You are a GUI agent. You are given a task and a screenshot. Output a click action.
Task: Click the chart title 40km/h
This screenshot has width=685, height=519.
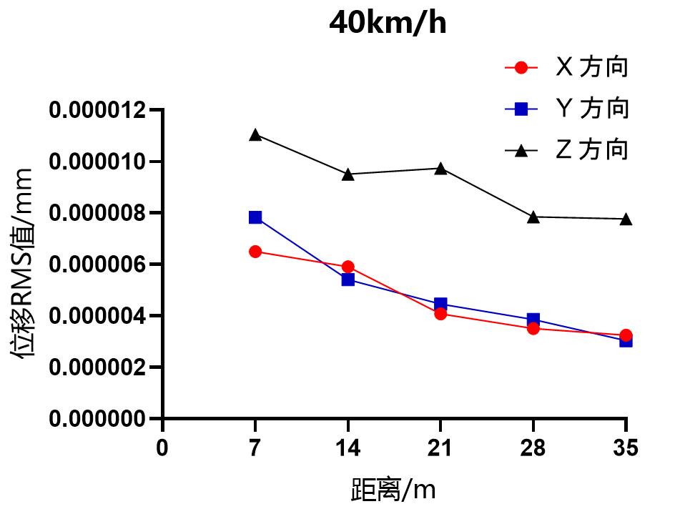(388, 24)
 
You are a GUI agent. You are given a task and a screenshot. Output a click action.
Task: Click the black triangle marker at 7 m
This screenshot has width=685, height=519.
(255, 134)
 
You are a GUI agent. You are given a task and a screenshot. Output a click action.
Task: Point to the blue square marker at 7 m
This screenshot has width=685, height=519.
(255, 217)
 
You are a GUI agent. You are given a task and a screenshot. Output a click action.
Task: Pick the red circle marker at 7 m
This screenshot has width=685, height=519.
(255, 252)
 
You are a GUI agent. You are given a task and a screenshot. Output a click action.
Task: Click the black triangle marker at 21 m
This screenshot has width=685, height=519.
(440, 169)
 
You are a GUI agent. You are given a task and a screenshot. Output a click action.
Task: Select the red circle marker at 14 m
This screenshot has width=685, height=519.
(348, 267)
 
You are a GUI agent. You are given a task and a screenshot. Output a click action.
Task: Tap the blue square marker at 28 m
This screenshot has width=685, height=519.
(533, 320)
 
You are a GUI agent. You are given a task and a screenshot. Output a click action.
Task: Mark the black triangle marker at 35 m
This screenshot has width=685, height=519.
(626, 219)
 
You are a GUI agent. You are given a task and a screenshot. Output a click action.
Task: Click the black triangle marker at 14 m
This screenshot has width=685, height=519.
(348, 174)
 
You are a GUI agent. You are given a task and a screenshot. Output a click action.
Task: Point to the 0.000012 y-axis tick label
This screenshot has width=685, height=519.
(97, 111)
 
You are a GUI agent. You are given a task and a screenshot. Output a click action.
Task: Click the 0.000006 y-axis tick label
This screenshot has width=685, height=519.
(97, 265)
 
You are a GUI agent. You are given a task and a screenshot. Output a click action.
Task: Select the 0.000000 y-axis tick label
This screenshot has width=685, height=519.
(97, 418)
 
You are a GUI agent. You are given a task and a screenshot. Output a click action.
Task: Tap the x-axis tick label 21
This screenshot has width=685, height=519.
(440, 448)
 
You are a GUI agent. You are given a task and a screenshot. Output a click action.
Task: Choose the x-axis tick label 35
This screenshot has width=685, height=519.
(626, 448)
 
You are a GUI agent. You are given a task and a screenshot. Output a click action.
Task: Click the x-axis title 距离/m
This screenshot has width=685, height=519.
(393, 490)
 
